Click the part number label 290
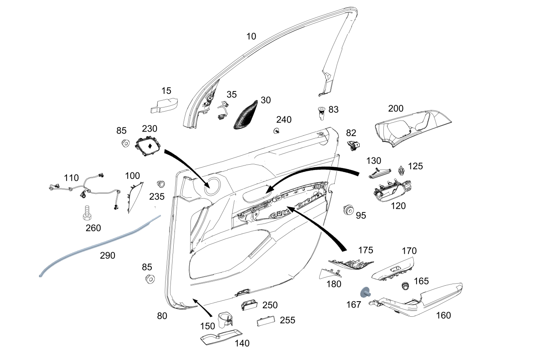[x=108, y=256]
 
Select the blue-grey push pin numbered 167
[x=365, y=292]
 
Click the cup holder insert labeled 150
[x=224, y=321]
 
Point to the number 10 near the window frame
[x=251, y=36]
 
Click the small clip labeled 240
[x=277, y=131]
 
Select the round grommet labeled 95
[x=348, y=210]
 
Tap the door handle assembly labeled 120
[x=391, y=191]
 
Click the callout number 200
[x=395, y=109]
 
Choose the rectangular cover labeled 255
[x=266, y=322]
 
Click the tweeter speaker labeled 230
[x=148, y=146]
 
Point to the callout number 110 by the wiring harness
[x=71, y=178]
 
